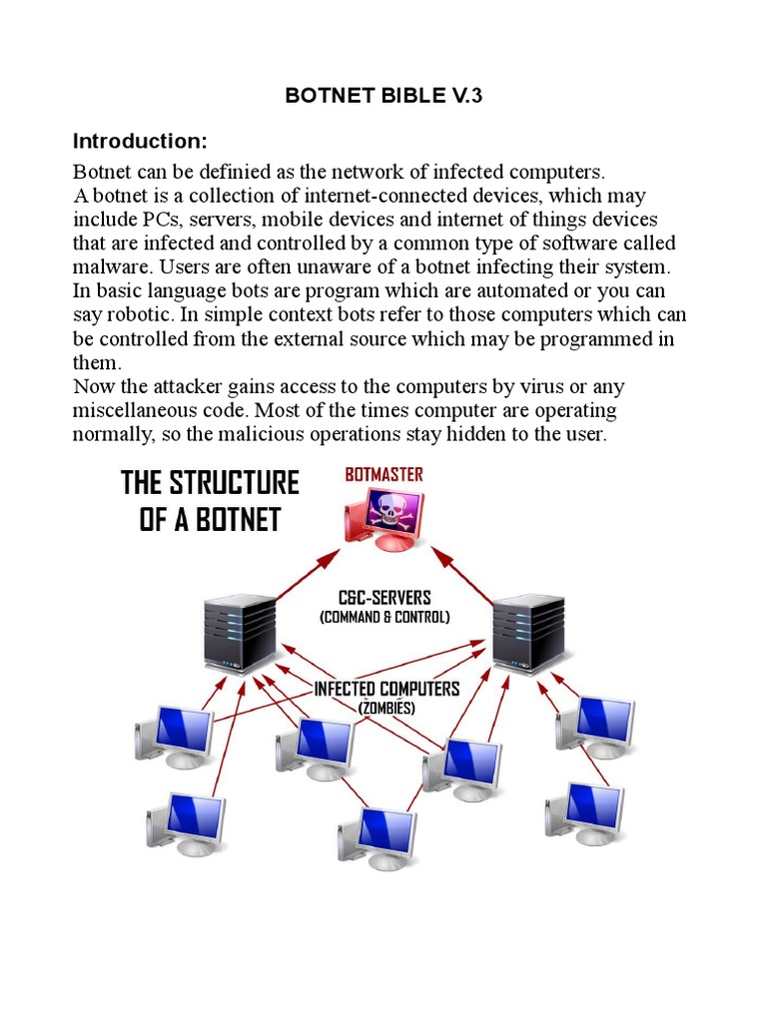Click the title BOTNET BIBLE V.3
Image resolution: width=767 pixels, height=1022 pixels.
[x=383, y=96]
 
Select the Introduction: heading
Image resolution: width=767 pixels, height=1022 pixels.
[x=140, y=140]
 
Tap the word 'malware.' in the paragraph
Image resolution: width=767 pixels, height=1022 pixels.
[x=115, y=267]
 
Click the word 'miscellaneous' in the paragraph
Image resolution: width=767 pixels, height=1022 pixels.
[x=133, y=411]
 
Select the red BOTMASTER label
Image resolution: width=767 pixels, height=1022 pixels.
[x=383, y=474]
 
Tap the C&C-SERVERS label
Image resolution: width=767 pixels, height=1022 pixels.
[x=384, y=598]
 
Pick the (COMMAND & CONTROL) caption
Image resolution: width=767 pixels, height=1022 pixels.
[x=384, y=617]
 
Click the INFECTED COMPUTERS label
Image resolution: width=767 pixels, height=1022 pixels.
[x=386, y=689]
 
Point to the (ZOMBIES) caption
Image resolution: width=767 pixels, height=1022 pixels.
[x=387, y=708]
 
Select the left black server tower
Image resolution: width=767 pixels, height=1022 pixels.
[x=239, y=632]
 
